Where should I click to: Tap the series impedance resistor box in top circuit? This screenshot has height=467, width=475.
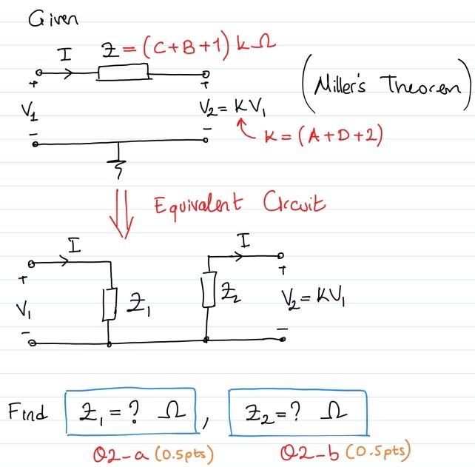[x=123, y=73]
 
